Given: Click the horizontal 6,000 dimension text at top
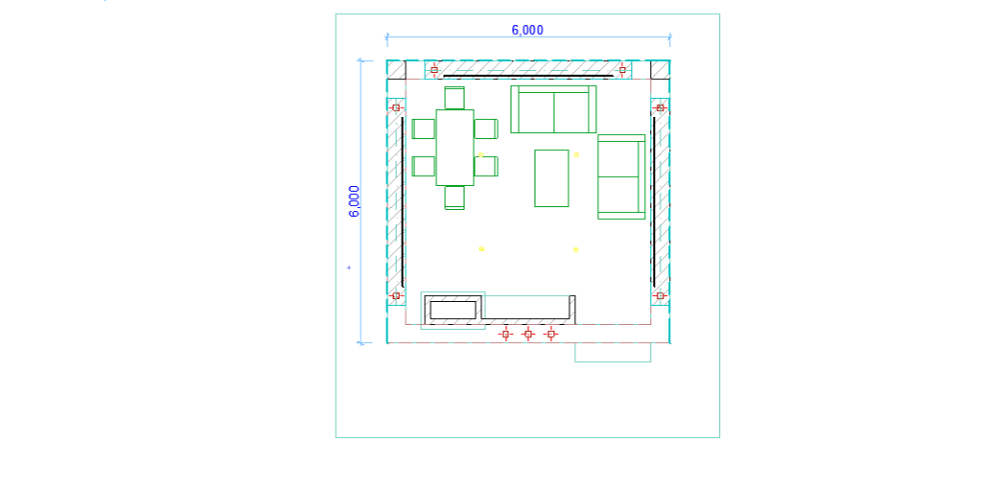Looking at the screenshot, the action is point(527,31).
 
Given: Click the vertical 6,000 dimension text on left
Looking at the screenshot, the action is point(355,201).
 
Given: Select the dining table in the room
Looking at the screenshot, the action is point(455,147).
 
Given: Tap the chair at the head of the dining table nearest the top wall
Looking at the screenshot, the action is point(455,98).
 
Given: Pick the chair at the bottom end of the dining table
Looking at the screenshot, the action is point(455,197).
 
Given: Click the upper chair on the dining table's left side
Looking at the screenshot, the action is point(424,129).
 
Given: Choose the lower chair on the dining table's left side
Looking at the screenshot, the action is point(424,166).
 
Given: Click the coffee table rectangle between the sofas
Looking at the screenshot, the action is point(551,178).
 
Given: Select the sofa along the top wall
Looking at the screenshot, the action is point(553,109).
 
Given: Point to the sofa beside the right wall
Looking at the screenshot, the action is point(621,177).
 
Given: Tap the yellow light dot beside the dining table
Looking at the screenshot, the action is point(482,155).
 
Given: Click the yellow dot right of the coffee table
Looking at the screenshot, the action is point(576,155).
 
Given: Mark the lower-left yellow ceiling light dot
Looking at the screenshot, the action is point(482,249).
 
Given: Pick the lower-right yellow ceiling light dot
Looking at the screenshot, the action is point(575,250).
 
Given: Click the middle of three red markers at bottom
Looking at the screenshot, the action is point(527,333).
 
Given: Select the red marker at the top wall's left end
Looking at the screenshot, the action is point(434,69).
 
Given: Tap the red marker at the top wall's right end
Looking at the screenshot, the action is point(621,69).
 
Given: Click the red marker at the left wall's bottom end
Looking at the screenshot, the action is point(396,296).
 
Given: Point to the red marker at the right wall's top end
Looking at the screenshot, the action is point(660,108).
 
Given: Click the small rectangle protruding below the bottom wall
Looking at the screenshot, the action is point(613,353).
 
